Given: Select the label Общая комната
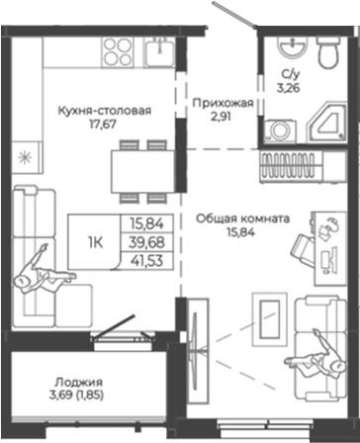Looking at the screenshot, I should (242, 219).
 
